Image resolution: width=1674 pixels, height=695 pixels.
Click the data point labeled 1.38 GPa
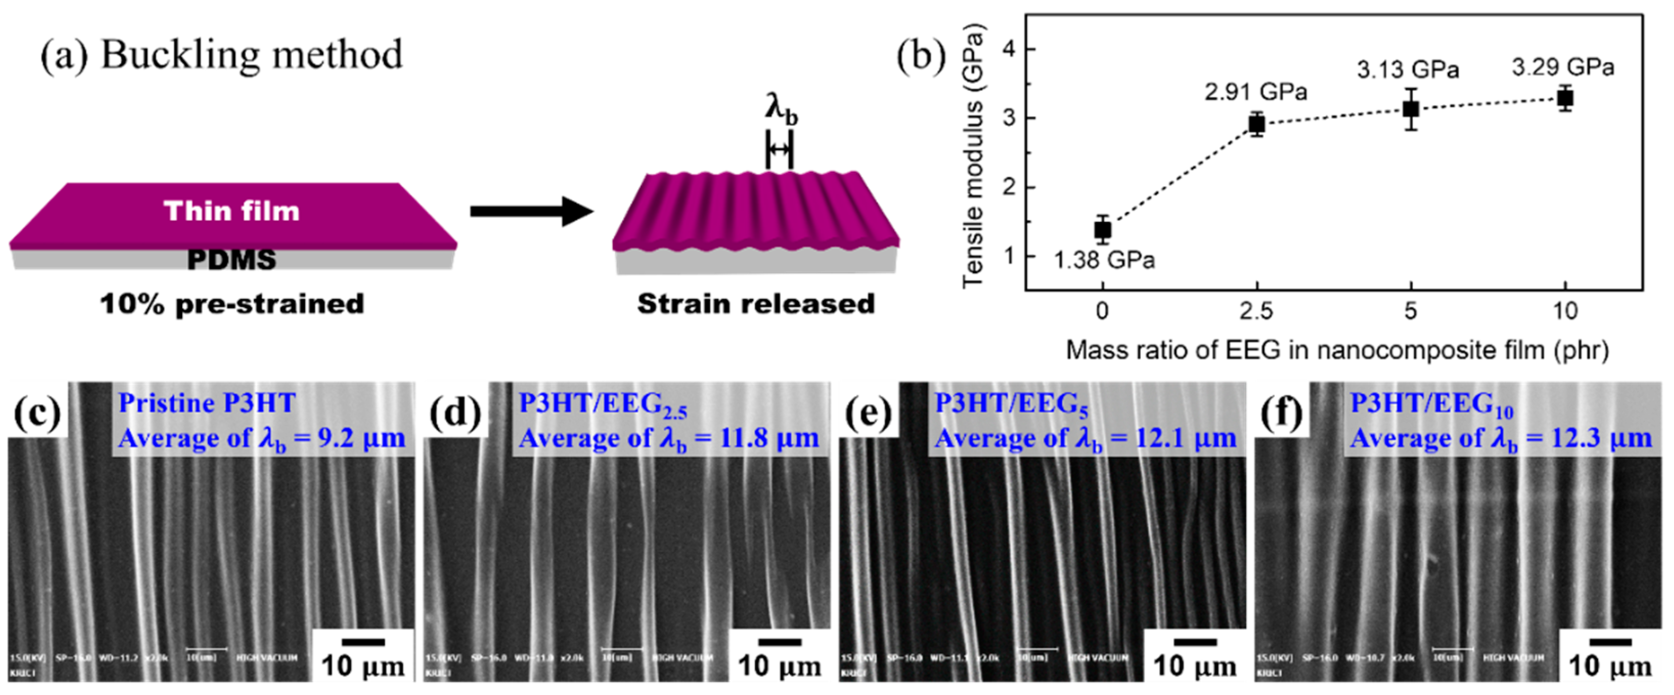[x=1102, y=229]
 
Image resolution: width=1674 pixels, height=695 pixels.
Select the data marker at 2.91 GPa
[x=1257, y=123]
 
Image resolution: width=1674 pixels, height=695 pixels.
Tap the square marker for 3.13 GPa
[x=1411, y=108]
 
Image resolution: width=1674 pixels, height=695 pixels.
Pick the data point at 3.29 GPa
[x=1566, y=98]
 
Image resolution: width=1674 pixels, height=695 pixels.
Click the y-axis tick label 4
[x=1009, y=50]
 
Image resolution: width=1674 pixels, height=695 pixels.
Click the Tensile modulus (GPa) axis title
[x=973, y=156]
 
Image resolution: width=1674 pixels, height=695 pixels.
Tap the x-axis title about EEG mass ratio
[x=1337, y=351]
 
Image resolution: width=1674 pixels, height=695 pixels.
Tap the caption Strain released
[x=756, y=304]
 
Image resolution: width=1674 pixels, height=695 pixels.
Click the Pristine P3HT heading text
[x=207, y=403]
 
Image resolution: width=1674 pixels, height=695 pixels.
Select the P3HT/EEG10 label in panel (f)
[x=1432, y=405]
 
